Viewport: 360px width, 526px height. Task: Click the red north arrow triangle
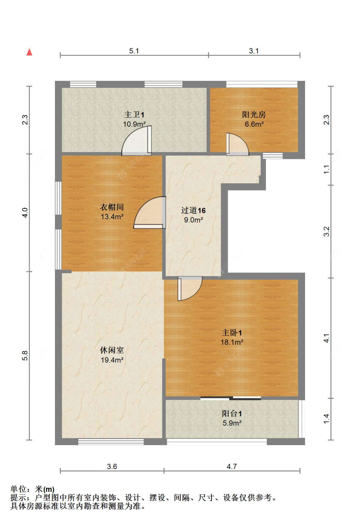tap(29, 52)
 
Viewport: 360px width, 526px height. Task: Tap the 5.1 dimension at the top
tap(134, 51)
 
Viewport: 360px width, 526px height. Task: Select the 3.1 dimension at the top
tap(254, 51)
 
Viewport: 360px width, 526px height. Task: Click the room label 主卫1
tap(134, 114)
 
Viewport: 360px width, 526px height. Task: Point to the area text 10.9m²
tap(134, 124)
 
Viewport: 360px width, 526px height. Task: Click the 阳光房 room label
tap(254, 114)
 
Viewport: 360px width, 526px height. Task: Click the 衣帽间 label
tap(112, 207)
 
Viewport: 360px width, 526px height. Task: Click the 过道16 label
tap(193, 210)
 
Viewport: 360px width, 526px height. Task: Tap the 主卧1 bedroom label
tap(232, 333)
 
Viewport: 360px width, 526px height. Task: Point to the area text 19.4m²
tap(112, 360)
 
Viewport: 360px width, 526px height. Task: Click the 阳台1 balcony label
tap(232, 413)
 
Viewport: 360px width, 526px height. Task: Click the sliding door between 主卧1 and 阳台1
tap(231, 398)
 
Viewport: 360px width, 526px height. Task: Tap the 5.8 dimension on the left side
tap(25, 356)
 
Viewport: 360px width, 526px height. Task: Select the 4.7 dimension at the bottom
tap(232, 467)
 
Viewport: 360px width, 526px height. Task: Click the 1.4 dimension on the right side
tap(326, 419)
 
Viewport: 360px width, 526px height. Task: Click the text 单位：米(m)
tap(32, 489)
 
